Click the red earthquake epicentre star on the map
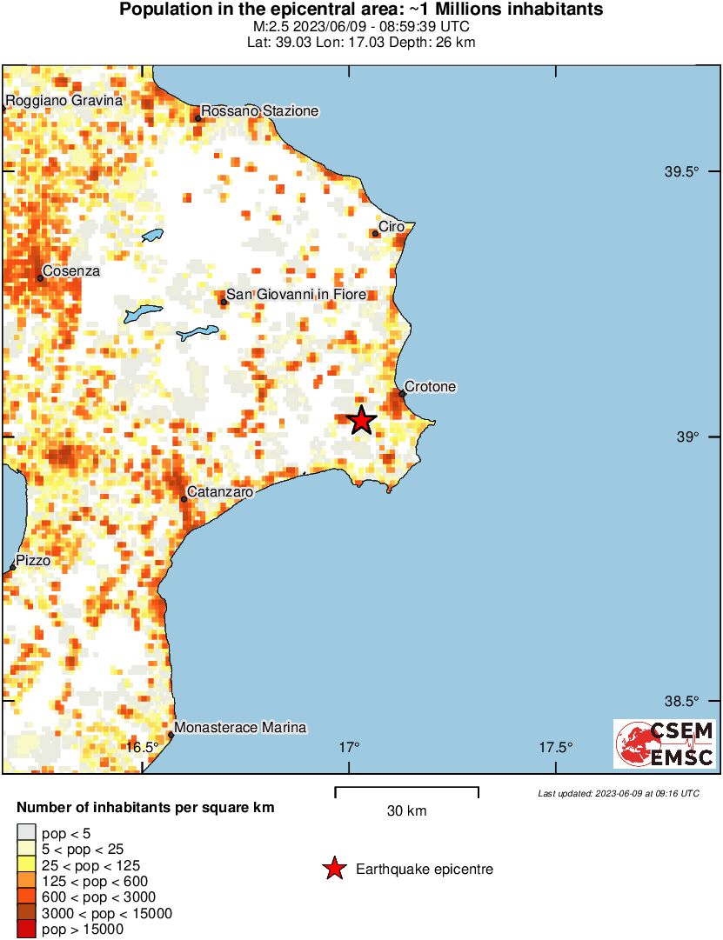point(361,420)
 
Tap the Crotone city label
point(431,387)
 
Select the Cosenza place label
point(71,271)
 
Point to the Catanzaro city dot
point(184,499)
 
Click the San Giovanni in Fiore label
point(296,295)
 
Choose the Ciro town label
point(392,227)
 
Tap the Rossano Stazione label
point(261,111)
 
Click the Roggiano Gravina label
point(64,101)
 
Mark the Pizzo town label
point(33,561)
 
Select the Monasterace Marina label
point(240,728)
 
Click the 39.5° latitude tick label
point(682,172)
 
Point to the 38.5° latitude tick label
point(682,702)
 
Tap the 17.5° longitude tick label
point(555,747)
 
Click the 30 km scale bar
point(406,790)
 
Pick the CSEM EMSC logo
point(665,743)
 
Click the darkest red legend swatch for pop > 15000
point(27,930)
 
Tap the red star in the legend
point(333,869)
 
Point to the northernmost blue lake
point(153,236)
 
